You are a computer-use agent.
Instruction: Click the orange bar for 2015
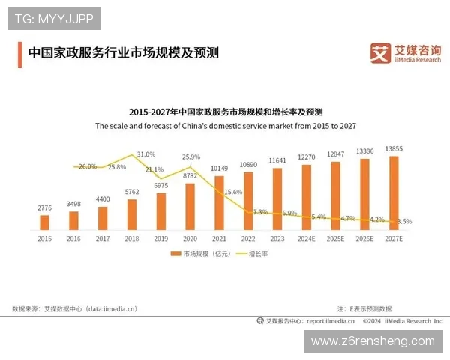pyautogui.click(x=44, y=222)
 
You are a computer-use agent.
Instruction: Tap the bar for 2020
pyautogui.click(x=190, y=205)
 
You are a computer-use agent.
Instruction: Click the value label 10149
pyautogui.click(x=219, y=168)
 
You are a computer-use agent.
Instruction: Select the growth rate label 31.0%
pyautogui.click(x=146, y=154)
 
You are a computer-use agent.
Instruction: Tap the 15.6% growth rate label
pyautogui.click(x=233, y=192)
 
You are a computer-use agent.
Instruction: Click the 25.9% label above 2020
pyautogui.click(x=191, y=157)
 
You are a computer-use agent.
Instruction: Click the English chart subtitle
pyautogui.click(x=225, y=127)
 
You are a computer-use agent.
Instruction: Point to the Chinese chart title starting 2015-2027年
pyautogui.click(x=225, y=109)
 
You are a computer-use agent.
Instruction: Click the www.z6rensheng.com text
pyautogui.click(x=372, y=340)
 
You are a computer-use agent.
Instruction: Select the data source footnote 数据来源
pyautogui.click(x=75, y=307)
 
